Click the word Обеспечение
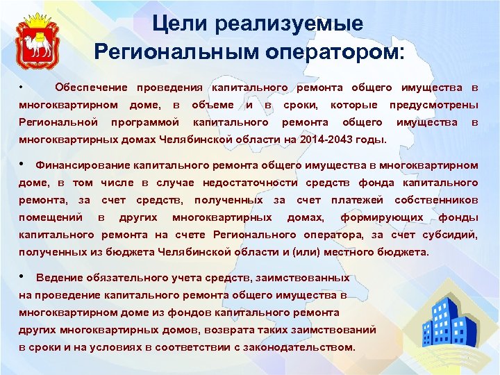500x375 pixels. point(91,87)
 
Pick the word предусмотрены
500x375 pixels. point(433,105)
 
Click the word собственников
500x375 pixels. point(435,200)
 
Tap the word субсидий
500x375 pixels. point(451,235)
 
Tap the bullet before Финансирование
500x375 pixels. point(23,165)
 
